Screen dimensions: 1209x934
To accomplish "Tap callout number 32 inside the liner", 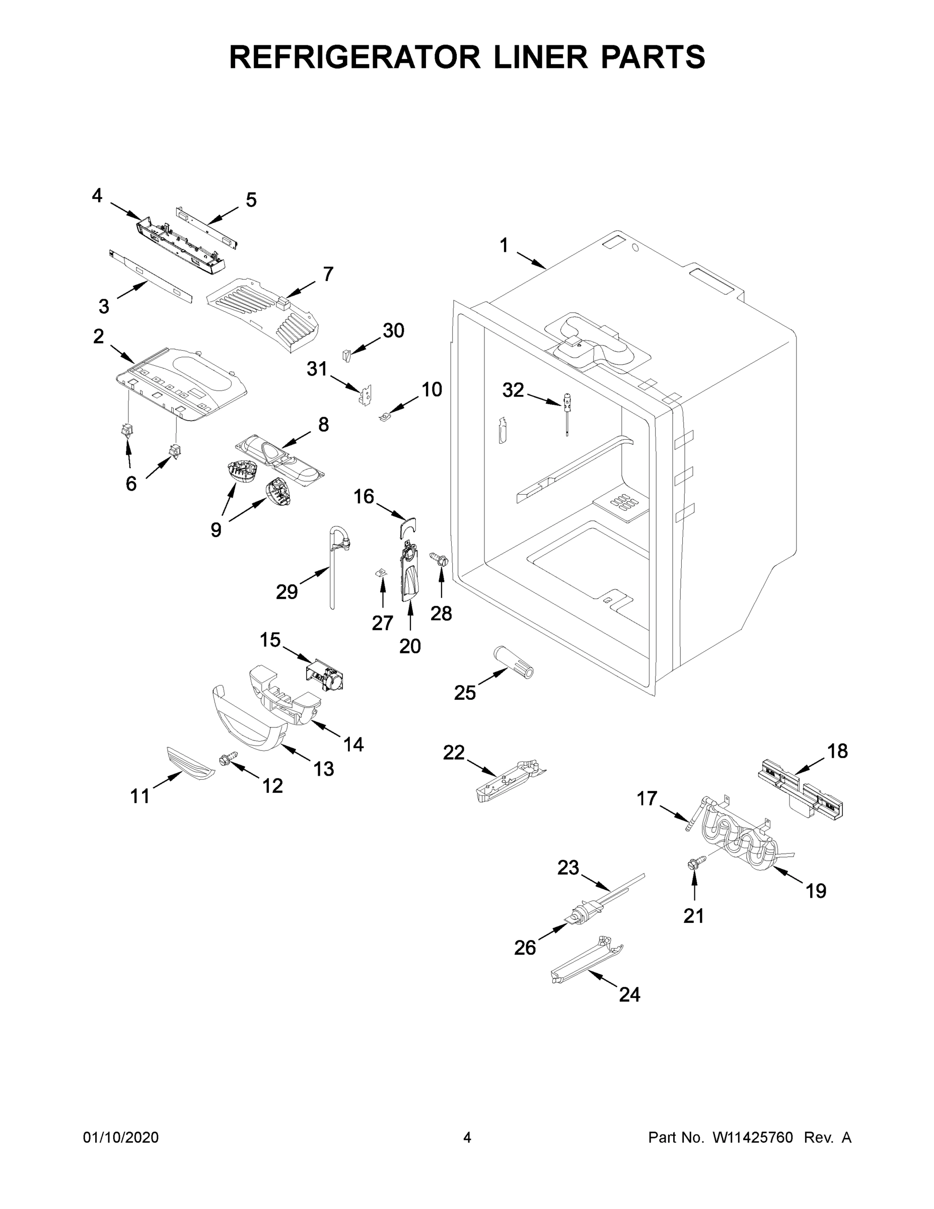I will coord(513,390).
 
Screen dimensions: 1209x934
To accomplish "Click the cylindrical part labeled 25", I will coord(513,661).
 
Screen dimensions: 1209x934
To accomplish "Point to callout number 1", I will coord(504,245).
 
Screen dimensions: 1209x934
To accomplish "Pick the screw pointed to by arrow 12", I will coord(229,758).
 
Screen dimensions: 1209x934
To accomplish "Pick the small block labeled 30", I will coord(346,355).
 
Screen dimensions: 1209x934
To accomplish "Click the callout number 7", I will coord(328,274).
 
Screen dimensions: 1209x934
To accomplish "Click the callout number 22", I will coord(454,752).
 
